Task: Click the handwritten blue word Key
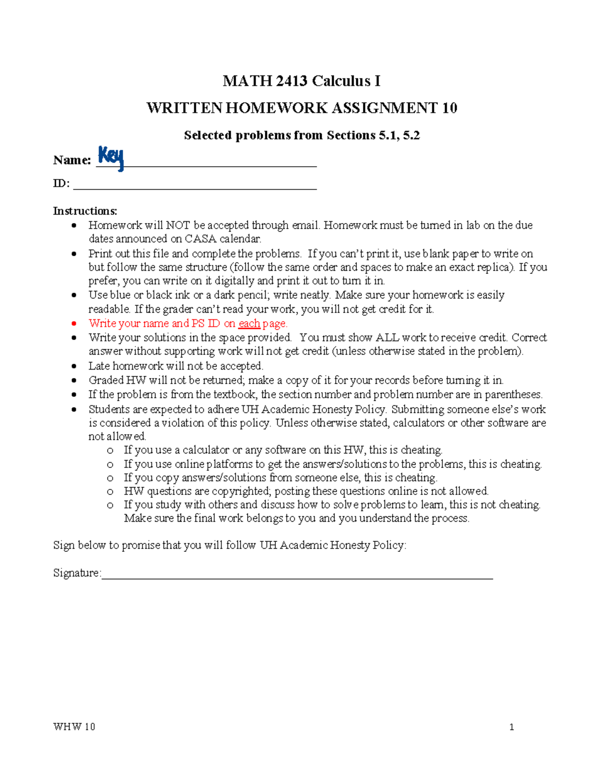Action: pyautogui.click(x=111, y=158)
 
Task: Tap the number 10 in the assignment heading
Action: pyautogui.click(x=449, y=108)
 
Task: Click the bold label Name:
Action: pyautogui.click(x=72, y=160)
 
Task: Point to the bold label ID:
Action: pyautogui.click(x=61, y=183)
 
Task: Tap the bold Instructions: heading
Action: pyautogui.click(x=85, y=211)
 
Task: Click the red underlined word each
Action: pyautogui.click(x=249, y=323)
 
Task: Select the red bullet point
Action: pyautogui.click(x=74, y=324)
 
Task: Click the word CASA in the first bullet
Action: pyautogui.click(x=200, y=239)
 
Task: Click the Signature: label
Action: pyautogui.click(x=77, y=573)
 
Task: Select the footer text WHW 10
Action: pyautogui.click(x=74, y=727)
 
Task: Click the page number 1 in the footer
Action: pyautogui.click(x=511, y=727)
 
